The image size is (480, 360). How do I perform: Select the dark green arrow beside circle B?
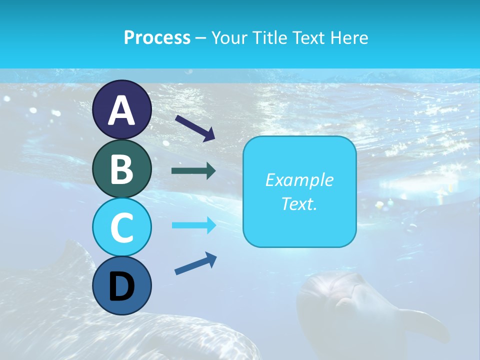click(x=193, y=171)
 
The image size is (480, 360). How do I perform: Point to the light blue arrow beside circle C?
click(x=193, y=225)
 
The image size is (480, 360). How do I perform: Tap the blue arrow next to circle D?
click(x=195, y=263)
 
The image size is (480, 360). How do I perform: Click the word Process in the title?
click(x=157, y=37)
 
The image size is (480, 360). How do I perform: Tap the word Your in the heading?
click(x=230, y=37)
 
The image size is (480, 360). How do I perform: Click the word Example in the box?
click(x=299, y=180)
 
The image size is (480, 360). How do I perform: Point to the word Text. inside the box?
click(x=299, y=204)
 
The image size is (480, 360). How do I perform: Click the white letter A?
click(x=121, y=110)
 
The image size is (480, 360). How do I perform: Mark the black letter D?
click(x=121, y=287)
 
